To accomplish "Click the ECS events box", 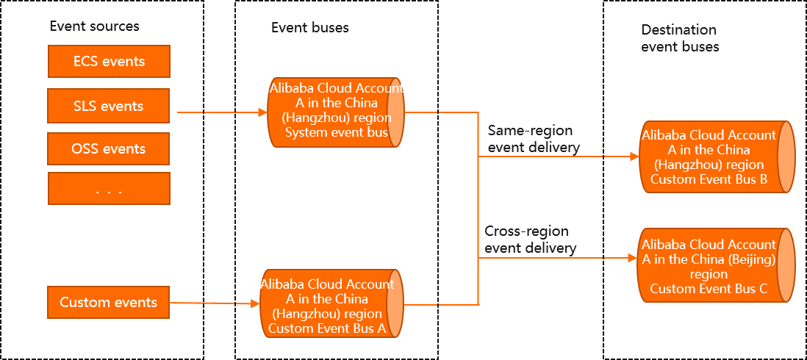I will click(109, 62).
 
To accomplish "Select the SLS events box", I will click(109, 106).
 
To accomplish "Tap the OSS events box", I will click(109, 148).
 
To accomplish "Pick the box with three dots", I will click(109, 189).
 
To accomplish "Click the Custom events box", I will click(109, 302).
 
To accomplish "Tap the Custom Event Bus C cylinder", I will click(713, 265).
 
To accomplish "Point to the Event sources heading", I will click(94, 26).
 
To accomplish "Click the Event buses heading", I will click(309, 28).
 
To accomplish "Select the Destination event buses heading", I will click(680, 38).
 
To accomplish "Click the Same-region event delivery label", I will click(533, 139).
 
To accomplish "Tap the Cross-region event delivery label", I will click(530, 240).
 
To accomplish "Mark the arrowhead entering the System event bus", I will click(263, 112).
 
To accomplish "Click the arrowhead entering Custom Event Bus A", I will click(255, 303).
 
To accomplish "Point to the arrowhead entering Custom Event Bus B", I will click(634, 157).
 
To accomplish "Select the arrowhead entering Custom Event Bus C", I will click(631, 258).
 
